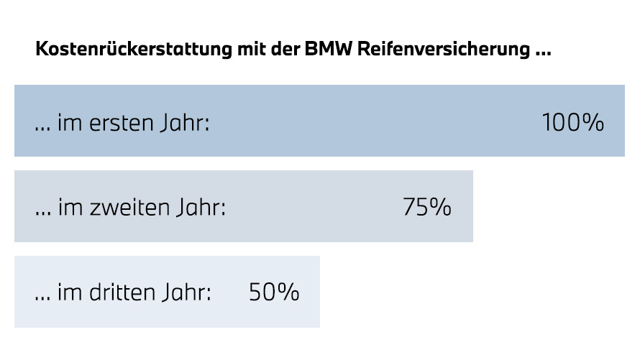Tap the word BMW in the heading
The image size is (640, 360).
click(x=321, y=51)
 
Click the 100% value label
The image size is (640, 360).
click(x=572, y=123)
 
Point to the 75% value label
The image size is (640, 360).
click(x=427, y=208)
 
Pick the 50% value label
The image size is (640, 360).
click(x=274, y=292)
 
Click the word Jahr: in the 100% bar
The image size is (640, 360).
click(x=183, y=123)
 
